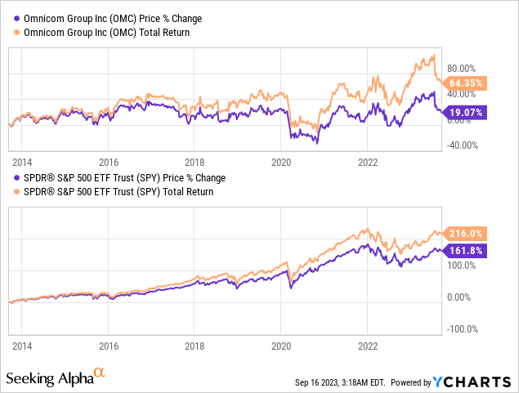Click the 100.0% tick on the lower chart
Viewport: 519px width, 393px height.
460,266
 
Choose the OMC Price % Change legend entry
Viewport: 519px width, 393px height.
108,18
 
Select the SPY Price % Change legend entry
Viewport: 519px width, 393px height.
120,177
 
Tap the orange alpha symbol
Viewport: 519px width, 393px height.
99,373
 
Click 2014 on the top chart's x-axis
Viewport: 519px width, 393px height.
25,161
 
